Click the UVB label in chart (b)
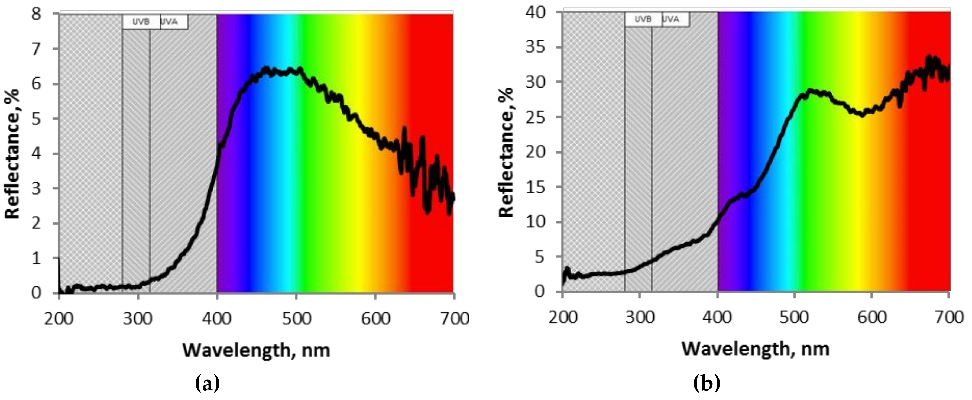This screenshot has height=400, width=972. pos(643,19)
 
